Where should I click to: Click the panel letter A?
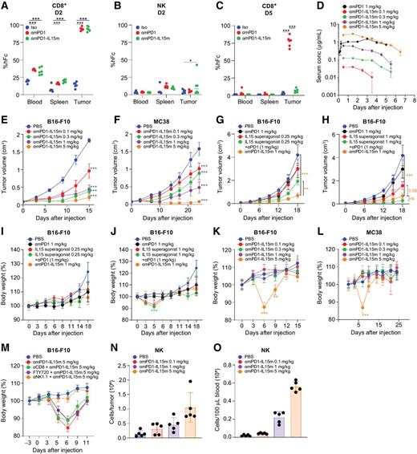click(6, 6)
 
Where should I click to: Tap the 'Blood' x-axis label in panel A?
click(33, 103)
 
